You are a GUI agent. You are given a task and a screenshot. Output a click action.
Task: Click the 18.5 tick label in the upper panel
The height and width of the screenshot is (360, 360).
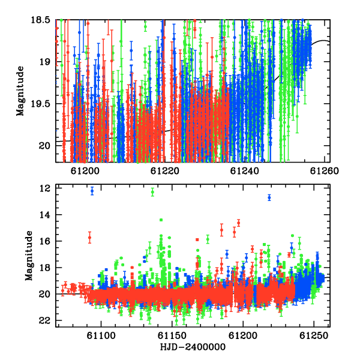(41, 20)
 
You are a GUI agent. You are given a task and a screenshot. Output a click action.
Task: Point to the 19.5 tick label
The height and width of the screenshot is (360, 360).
(41, 104)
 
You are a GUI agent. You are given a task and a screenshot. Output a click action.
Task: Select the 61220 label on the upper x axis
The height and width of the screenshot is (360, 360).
(165, 171)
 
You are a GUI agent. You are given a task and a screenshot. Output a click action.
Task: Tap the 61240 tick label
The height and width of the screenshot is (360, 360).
(245, 171)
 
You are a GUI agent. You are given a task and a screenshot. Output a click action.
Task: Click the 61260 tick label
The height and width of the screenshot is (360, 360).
(325, 171)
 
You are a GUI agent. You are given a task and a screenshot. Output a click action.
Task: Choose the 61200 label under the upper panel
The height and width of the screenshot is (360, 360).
(85, 171)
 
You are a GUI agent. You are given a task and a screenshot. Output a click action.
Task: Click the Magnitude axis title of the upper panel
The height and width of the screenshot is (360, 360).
(20, 91)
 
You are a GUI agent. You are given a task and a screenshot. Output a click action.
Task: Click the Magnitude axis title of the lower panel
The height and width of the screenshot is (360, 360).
(29, 256)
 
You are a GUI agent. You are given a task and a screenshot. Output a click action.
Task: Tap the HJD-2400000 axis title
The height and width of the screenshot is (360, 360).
(193, 347)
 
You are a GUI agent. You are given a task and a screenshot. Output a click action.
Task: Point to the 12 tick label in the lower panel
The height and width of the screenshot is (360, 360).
(44, 188)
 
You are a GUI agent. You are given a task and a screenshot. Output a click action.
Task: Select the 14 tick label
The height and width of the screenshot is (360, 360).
(44, 215)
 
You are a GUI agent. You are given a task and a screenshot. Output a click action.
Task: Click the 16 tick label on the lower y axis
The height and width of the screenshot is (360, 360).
(44, 241)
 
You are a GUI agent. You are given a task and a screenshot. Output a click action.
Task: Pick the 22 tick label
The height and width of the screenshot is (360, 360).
(44, 320)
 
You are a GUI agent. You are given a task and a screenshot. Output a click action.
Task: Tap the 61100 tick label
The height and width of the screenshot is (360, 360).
(101, 336)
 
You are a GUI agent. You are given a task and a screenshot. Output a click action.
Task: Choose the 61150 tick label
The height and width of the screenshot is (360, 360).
(172, 336)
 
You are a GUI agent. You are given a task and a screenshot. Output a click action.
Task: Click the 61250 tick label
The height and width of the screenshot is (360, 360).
(314, 336)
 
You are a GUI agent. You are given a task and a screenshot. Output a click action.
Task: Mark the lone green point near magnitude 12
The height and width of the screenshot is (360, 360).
(152, 192)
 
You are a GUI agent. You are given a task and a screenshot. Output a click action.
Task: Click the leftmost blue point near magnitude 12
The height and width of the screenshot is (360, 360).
(92, 191)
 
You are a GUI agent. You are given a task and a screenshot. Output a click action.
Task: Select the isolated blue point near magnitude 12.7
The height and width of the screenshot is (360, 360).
(269, 197)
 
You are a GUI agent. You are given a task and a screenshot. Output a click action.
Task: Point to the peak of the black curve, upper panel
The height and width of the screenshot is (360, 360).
(323, 40)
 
